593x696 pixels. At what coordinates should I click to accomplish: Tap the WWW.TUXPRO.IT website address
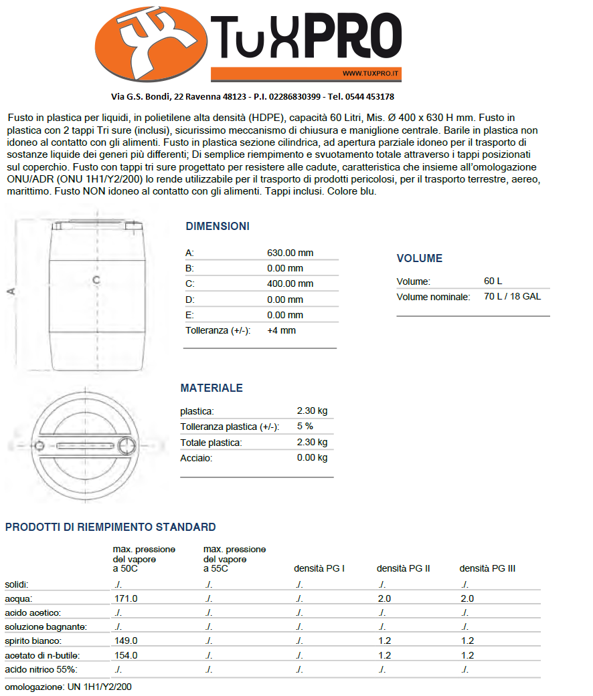point(370,74)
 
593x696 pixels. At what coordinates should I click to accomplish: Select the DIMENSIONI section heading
point(218,226)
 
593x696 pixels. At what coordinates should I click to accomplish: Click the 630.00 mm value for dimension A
point(290,253)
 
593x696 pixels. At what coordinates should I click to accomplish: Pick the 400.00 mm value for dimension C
point(290,283)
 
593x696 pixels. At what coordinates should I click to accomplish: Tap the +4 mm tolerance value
point(281,330)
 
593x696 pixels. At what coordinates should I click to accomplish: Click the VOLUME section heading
point(419,259)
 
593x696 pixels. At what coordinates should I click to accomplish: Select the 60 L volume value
point(493,281)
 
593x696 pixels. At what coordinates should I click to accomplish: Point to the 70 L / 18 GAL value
point(512,296)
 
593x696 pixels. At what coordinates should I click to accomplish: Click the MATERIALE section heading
point(211,388)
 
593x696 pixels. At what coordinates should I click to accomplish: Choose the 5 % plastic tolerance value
point(305,426)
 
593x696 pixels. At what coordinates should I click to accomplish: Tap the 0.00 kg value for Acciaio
point(312,458)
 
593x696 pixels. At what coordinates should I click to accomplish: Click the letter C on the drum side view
point(96,279)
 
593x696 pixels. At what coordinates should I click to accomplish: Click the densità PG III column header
point(487,568)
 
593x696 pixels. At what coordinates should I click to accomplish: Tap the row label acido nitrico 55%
point(41,669)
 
